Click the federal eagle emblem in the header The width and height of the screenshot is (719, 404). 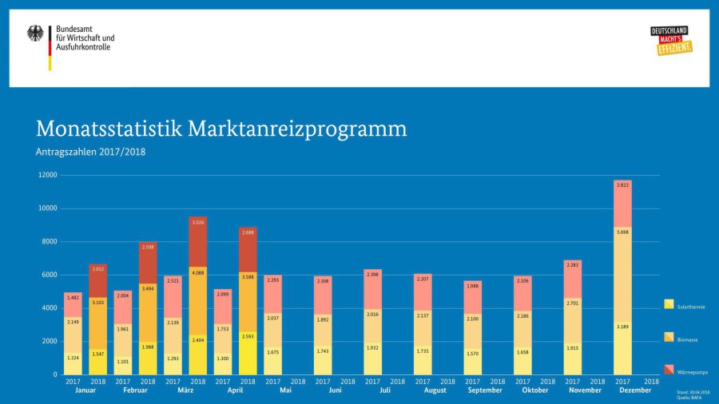pyautogui.click(x=35, y=34)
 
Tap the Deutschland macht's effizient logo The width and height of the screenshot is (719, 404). pyautogui.click(x=670, y=41)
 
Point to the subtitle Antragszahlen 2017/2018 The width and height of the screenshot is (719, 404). pyautogui.click(x=90, y=152)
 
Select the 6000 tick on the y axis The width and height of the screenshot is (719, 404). pyautogui.click(x=49, y=275)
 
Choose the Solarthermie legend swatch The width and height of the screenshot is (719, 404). pyautogui.click(x=669, y=304)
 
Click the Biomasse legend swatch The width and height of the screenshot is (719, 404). pyautogui.click(x=669, y=337)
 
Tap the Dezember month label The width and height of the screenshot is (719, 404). pyautogui.click(x=636, y=390)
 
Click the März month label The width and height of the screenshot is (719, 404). pyautogui.click(x=185, y=390)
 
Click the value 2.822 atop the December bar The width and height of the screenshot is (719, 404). pyautogui.click(x=622, y=184)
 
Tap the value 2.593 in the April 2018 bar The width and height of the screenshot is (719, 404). pyautogui.click(x=248, y=347)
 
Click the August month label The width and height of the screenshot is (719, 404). pyautogui.click(x=435, y=390)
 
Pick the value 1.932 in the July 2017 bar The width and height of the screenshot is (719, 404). pyautogui.click(x=373, y=347)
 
